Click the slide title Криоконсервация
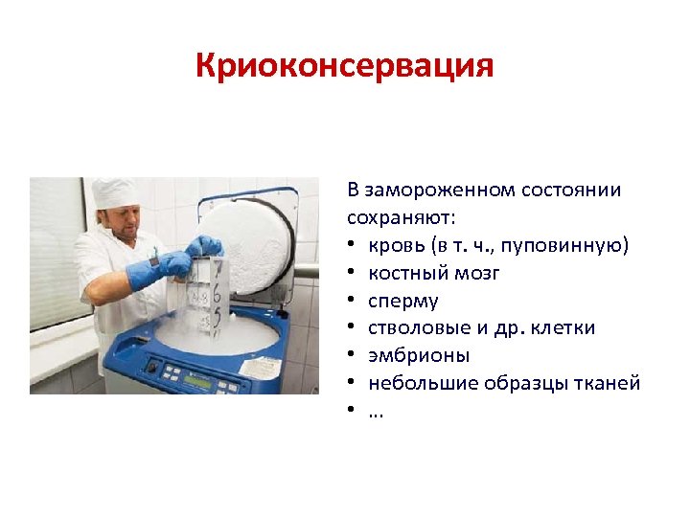coord(344,66)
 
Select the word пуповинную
coord(575,246)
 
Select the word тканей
coord(605,383)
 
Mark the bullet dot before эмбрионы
coord(355,356)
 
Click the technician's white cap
coord(115,191)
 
